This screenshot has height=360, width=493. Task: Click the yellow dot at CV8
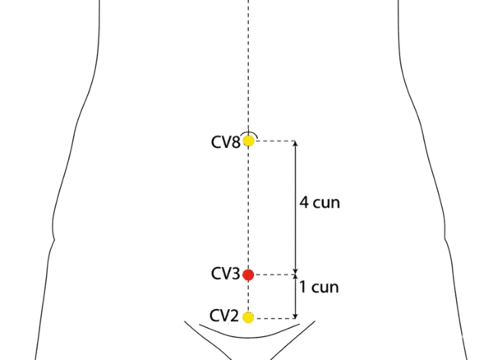pos(249,141)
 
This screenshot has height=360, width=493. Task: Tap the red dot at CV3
pos(249,275)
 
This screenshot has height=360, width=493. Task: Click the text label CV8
pos(226,142)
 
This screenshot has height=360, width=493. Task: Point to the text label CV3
pos(225,273)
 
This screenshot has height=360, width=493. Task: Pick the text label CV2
pos(224,316)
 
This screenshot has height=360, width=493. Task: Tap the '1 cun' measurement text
pos(320,288)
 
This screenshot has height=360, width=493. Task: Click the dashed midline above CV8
pos(248,66)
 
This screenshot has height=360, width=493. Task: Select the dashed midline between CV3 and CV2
pos(248,297)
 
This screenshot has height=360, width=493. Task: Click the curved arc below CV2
pos(246,337)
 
